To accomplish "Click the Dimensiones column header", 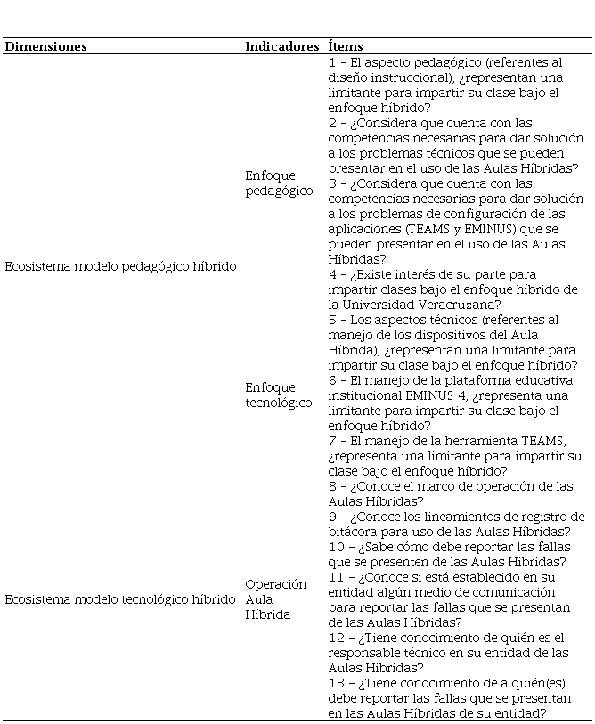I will pos(46,46).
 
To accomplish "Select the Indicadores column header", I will pos(281,46).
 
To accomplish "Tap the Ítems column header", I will pos(346,46).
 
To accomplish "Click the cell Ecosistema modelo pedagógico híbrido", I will pos(121,266).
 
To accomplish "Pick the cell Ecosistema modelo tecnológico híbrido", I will pos(120,599).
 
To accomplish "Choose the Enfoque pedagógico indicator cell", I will pos(279,183).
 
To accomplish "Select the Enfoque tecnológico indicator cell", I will pos(279,395).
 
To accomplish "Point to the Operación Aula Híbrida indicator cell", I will pos(276,599).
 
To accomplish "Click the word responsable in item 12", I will pos(368,653).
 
